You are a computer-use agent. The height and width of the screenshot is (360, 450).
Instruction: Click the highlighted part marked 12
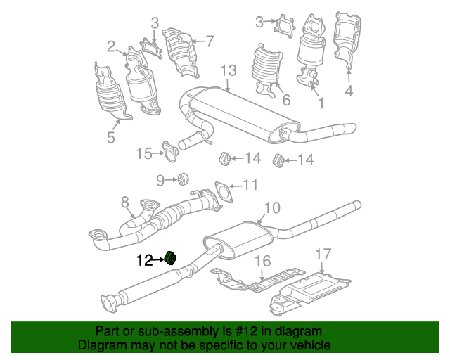point(169,258)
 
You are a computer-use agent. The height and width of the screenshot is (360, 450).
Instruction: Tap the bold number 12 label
point(144,261)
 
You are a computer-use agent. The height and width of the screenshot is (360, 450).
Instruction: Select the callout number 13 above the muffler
point(229,71)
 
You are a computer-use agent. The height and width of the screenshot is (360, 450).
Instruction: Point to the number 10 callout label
point(271,207)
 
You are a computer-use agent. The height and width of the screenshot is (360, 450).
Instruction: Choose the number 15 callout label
point(144,153)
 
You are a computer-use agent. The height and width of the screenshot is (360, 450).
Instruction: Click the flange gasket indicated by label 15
point(169,149)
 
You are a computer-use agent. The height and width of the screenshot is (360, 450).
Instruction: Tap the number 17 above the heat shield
point(323,254)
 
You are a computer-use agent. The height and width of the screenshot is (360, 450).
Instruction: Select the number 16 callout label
point(262,262)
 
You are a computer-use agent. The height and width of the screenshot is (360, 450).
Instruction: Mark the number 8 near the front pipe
point(125,203)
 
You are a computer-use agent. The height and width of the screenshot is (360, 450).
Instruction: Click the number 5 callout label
point(111,137)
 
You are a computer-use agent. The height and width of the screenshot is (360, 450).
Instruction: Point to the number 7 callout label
point(209,41)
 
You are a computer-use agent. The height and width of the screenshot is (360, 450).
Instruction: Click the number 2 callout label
point(111,47)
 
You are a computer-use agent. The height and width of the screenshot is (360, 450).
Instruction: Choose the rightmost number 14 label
point(305,160)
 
